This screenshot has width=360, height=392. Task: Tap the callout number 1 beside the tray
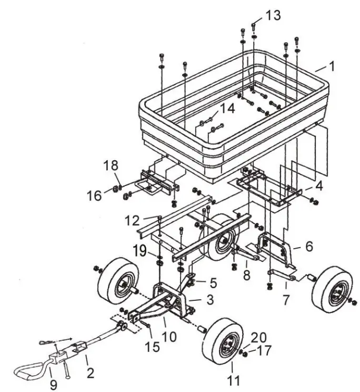point(332,67)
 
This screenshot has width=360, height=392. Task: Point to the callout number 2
point(90,373)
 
